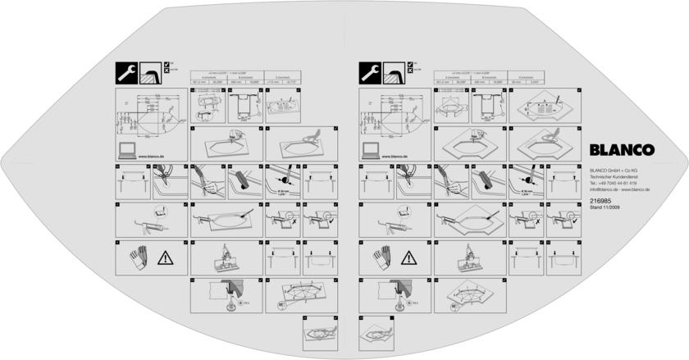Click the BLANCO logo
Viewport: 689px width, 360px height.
(621, 149)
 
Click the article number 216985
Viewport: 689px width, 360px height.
(600, 201)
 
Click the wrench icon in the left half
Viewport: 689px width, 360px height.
(127, 74)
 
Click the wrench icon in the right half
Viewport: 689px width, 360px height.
(372, 74)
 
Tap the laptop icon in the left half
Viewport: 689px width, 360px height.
(126, 150)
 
